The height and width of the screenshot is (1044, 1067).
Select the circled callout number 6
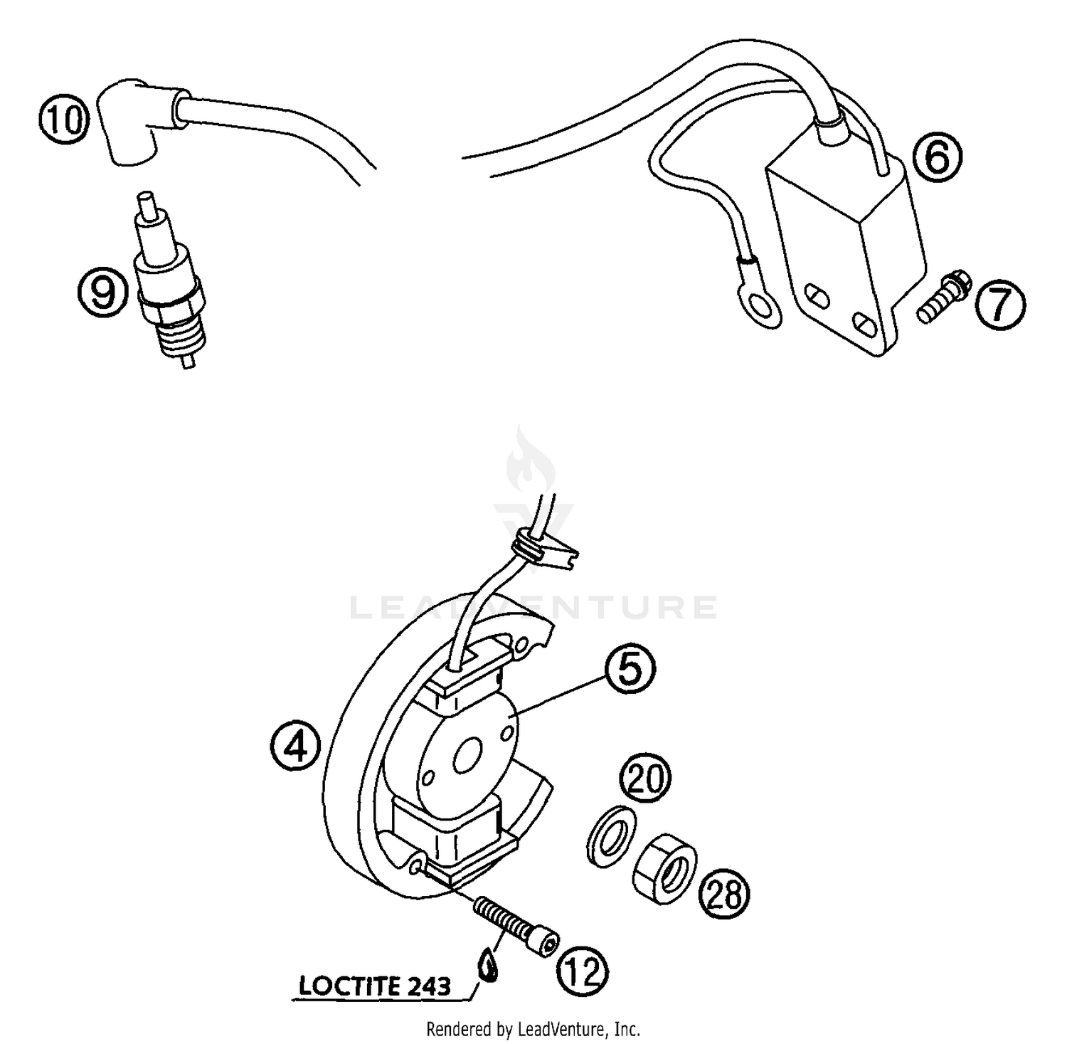937,157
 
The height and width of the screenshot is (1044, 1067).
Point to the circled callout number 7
999,305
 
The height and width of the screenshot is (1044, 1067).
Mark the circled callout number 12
583,971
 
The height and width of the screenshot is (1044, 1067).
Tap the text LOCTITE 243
375,986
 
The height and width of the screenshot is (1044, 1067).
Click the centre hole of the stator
468,756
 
